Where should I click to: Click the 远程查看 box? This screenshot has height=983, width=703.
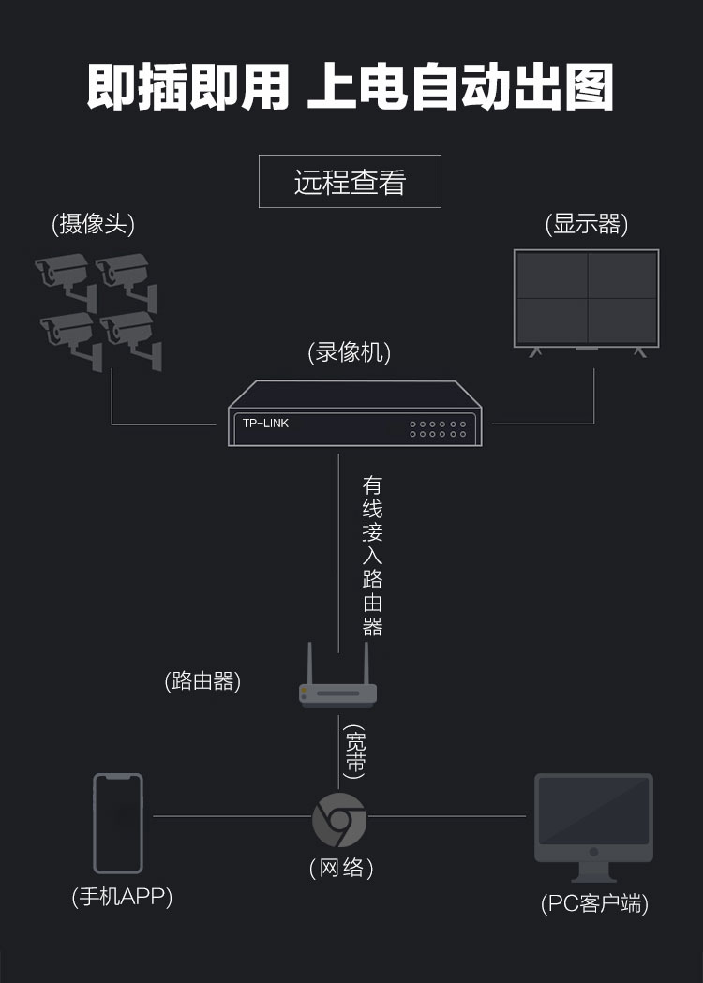coord(350,182)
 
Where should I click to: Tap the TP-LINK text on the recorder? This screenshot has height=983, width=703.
coord(266,424)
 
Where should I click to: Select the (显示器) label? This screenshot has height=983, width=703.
coord(587,225)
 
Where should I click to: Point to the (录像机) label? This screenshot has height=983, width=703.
coord(349,353)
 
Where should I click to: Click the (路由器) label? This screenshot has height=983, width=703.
coord(202,681)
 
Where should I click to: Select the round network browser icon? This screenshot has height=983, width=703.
coord(339,819)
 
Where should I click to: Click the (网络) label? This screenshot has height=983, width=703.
coord(341,869)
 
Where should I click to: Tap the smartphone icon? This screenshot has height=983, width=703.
coord(118,823)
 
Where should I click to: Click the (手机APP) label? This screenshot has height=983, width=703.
coord(122,897)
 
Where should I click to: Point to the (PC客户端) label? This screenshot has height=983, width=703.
coord(594,904)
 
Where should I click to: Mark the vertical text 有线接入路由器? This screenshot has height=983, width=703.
coord(373,557)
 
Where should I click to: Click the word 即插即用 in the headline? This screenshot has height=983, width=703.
coord(188,89)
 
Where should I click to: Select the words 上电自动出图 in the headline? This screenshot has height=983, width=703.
coord(460,89)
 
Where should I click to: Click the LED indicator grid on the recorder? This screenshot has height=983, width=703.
coord(437,429)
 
